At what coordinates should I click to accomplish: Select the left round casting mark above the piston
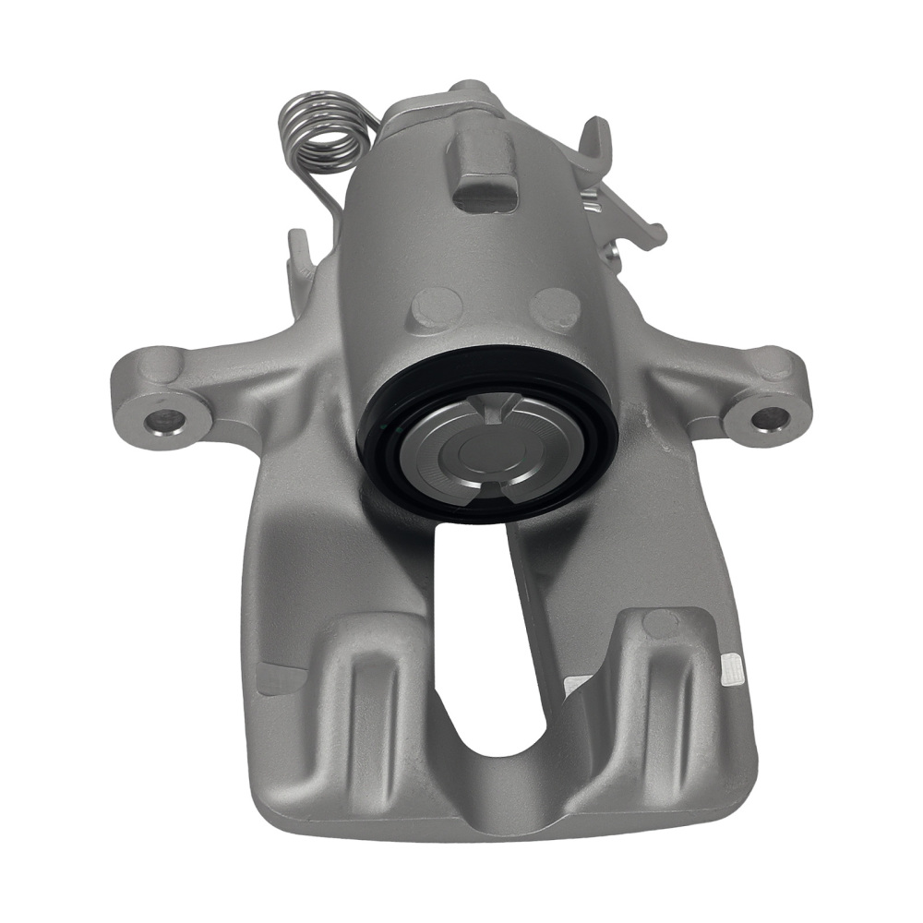coord(433,308)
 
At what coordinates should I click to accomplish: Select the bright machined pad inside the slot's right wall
coord(577,686)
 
